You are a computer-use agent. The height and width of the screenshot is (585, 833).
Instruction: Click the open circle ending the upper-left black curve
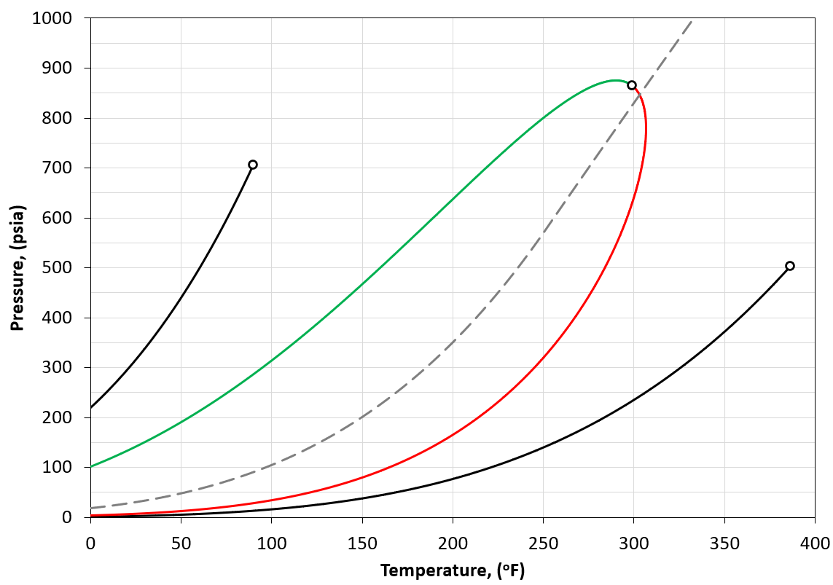click(x=253, y=165)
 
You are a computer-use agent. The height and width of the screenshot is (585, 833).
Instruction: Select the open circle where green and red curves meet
click(x=632, y=85)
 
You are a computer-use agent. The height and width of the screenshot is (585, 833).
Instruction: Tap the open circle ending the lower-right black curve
click(x=790, y=266)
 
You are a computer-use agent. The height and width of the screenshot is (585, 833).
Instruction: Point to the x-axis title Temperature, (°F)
click(x=453, y=570)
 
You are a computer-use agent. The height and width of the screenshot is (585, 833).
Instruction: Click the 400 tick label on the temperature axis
click(x=815, y=543)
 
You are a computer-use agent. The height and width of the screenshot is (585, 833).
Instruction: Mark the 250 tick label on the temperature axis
click(x=543, y=543)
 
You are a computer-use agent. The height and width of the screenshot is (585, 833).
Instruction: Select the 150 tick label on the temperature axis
click(x=362, y=543)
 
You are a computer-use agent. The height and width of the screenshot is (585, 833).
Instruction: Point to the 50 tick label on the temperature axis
click(x=181, y=543)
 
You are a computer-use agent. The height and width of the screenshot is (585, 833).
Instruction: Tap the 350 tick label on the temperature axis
click(x=724, y=543)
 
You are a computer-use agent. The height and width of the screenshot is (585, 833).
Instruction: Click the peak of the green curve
click(x=615, y=80)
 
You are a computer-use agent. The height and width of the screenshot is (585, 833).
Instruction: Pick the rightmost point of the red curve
click(x=646, y=131)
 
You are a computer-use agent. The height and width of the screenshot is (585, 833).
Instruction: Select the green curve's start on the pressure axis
click(x=90, y=466)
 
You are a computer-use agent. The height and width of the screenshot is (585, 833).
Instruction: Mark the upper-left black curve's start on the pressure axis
click(x=90, y=407)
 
